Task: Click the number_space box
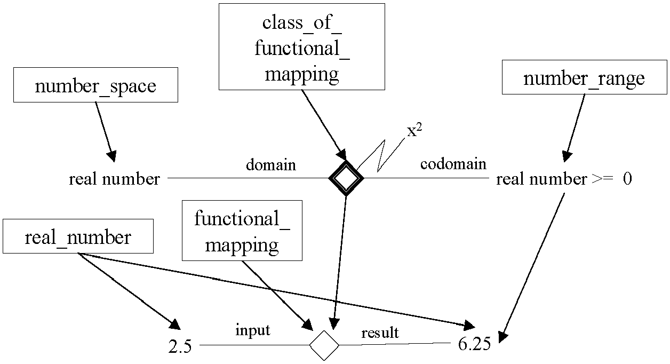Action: tap(95, 85)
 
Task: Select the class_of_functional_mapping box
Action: tap(302, 46)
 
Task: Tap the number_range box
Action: tap(585, 77)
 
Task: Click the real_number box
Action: tap(78, 236)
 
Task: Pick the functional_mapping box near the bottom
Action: tap(242, 231)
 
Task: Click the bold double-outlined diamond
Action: tap(346, 178)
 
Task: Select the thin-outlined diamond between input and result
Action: tap(324, 345)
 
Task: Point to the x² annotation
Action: tap(414, 131)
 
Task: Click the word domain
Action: tap(271, 165)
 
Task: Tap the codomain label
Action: tap(453, 164)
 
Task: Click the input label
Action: tap(253, 330)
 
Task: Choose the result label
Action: tap(380, 333)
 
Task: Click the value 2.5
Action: tap(180, 346)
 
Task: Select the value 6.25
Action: tap(474, 344)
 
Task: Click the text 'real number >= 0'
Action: tap(564, 179)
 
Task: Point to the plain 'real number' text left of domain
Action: tap(114, 179)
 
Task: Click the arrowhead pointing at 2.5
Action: tap(175, 325)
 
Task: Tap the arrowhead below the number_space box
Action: tap(111, 156)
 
